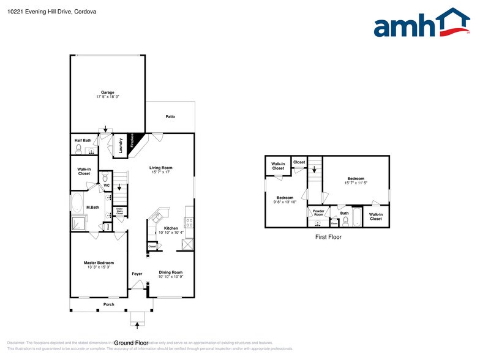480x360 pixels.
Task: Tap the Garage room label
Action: click(108, 92)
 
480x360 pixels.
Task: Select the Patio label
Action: click(170, 116)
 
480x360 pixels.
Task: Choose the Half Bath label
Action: click(83, 140)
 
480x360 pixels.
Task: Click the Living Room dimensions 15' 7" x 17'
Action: click(161, 172)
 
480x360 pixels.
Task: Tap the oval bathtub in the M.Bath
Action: click(78, 203)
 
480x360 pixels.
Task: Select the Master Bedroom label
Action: click(99, 263)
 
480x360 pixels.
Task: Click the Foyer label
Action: click(137, 274)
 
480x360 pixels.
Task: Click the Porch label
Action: click(108, 304)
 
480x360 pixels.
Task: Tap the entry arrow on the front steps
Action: click(137, 324)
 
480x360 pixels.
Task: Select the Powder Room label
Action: click(318, 212)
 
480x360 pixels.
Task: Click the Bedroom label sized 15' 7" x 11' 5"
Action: click(355, 179)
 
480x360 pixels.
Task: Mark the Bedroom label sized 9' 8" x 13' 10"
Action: click(285, 198)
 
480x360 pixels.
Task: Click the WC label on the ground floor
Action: click(106, 186)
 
